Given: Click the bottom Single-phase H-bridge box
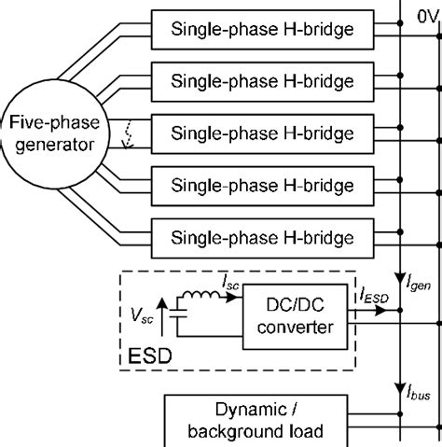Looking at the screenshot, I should click(x=262, y=232).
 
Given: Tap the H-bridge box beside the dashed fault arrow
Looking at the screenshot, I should click(x=262, y=132).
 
